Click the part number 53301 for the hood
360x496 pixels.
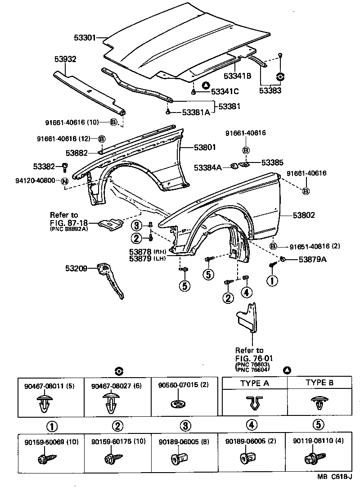coord(85,38)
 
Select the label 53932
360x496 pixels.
coord(66,59)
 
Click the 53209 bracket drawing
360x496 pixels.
coord(111,281)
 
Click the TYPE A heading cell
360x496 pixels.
coord(255,383)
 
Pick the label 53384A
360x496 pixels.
coord(208,168)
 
